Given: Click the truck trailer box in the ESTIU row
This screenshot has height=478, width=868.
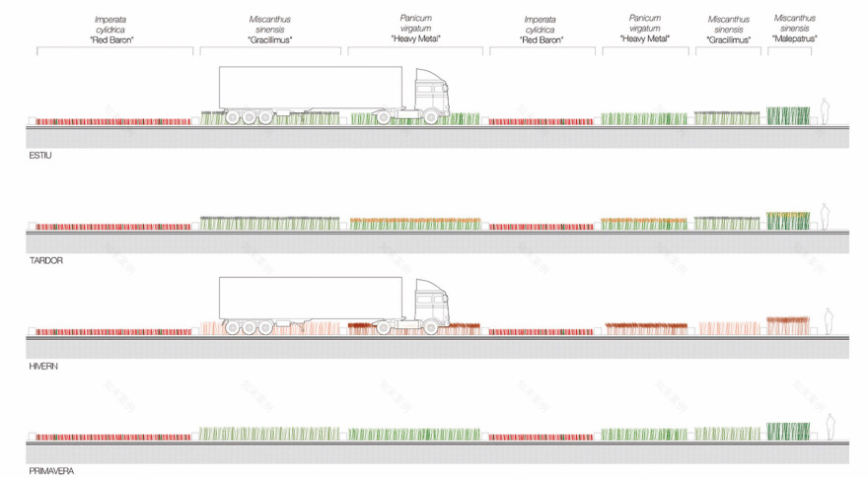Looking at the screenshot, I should [x=310, y=86].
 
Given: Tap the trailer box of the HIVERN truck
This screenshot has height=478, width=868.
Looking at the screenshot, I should [x=310, y=297].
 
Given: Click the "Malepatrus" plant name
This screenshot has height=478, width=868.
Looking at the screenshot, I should [x=794, y=38].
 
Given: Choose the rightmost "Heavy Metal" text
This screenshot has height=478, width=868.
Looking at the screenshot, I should [x=644, y=38].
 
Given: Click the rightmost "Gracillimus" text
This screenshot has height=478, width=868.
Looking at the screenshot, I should [x=729, y=40].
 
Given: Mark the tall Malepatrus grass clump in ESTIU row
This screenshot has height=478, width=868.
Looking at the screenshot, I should [x=788, y=115].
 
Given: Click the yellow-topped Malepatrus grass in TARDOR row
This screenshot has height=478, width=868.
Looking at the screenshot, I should [x=788, y=221].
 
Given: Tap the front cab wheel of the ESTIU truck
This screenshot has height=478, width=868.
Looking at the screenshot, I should [x=431, y=117].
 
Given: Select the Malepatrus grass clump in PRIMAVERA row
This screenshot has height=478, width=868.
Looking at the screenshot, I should [x=788, y=431].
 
